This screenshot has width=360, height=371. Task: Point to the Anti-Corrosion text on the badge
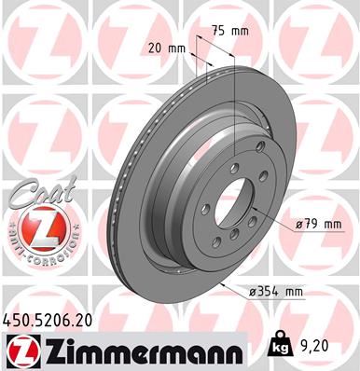pos(31,253)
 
